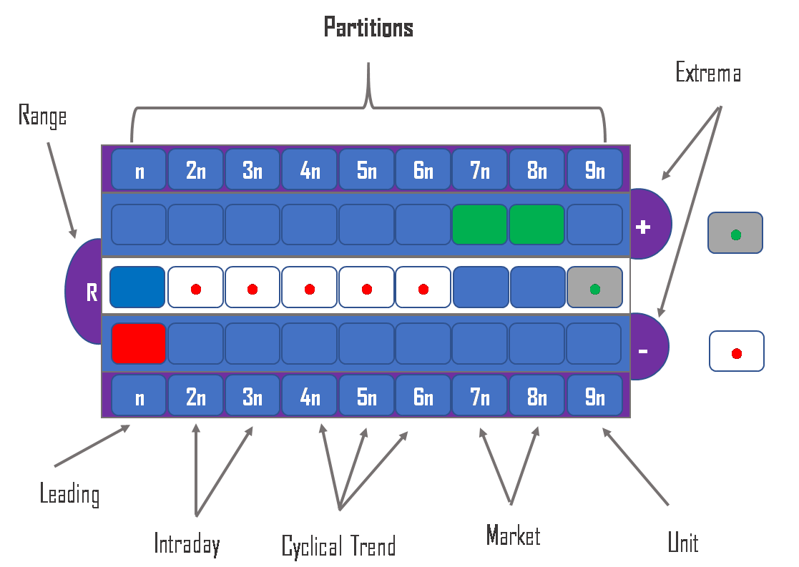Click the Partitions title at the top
click(368, 28)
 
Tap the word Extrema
click(707, 73)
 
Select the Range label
click(42, 116)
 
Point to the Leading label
click(69, 494)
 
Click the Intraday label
click(187, 544)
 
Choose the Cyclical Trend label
click(338, 547)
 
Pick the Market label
click(513, 536)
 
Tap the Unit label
click(682, 543)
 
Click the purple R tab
click(85, 292)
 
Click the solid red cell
click(139, 343)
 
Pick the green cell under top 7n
click(480, 225)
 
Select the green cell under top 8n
click(536, 225)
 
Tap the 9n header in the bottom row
click(594, 397)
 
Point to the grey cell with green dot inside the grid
click(594, 287)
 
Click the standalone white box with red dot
click(737, 351)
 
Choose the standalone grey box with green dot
click(735, 233)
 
